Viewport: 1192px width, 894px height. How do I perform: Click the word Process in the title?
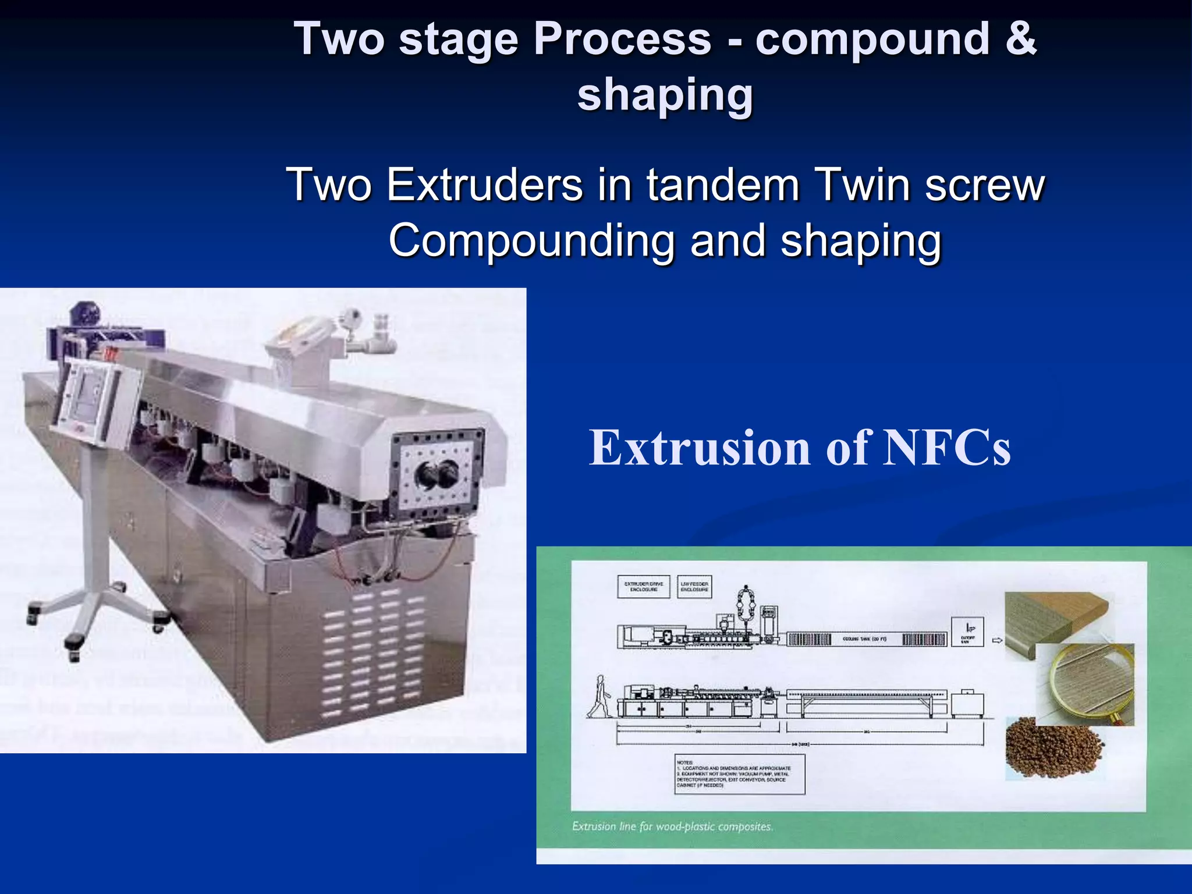tap(622, 40)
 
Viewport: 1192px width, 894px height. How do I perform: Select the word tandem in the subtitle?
tap(723, 185)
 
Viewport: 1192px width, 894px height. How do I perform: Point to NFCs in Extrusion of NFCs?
tap(947, 448)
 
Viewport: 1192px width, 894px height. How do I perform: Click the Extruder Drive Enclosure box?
tap(643, 586)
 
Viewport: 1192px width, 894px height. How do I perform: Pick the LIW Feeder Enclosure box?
tap(694, 586)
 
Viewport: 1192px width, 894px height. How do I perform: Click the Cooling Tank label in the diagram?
tap(865, 639)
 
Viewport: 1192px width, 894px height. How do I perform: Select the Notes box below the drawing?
tap(739, 775)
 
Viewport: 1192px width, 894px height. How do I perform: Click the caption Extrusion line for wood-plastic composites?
tap(672, 826)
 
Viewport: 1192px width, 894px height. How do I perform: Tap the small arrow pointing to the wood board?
tap(996, 640)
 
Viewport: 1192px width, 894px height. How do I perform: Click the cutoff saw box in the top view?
tap(967, 632)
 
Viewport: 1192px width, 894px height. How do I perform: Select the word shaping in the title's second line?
tap(665, 94)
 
